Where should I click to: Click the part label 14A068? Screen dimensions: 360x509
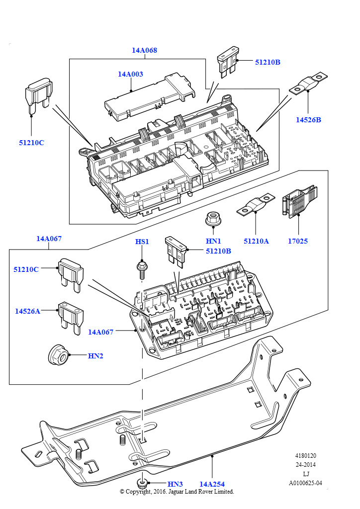pos(144,50)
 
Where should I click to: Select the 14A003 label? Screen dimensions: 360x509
pos(130,74)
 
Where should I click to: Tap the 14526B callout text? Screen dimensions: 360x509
pos(308,120)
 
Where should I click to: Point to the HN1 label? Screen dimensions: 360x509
pos(213,241)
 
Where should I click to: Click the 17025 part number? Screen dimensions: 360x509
pos(298,241)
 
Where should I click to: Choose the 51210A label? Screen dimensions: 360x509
pos(256,241)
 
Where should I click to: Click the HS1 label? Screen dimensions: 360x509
pos(142,242)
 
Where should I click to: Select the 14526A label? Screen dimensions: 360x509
pos(27,311)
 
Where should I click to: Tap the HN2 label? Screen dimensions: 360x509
pos(95,356)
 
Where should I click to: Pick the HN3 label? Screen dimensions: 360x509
pos(176,484)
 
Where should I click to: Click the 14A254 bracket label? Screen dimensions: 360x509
pos(212,484)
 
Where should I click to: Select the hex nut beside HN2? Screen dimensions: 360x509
pos(58,354)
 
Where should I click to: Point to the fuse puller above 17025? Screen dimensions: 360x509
pos(298,201)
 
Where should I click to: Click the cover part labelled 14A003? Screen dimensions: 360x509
pos(150,97)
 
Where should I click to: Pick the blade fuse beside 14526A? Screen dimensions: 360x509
pos(70,318)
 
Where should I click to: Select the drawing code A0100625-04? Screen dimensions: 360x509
pos(305,483)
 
